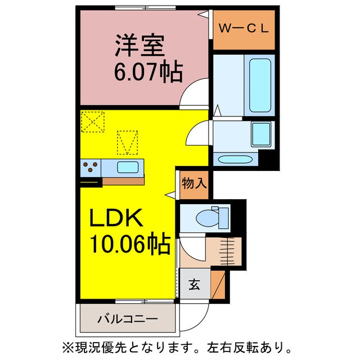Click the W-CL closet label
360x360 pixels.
coord(243,26)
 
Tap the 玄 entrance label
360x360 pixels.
coord(193,284)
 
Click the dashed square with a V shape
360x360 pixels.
coord(127,142)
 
